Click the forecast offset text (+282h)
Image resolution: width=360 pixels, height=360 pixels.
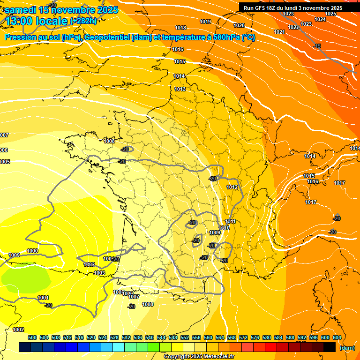tap(84, 21)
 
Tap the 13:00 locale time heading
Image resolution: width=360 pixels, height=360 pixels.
tap(37, 21)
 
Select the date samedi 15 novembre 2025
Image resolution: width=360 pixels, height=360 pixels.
tap(61, 10)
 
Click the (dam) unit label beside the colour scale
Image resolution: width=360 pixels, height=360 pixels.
tap(347, 348)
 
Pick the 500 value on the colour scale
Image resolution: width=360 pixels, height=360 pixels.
tap(32, 337)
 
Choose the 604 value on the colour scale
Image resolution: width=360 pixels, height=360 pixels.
tap(337, 337)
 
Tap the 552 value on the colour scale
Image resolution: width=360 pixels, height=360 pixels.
tap(185, 337)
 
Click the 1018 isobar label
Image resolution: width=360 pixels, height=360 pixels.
tap(180, 28)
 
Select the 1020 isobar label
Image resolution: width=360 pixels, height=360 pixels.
tap(239, 25)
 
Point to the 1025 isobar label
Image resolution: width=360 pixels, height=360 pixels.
tap(330, 14)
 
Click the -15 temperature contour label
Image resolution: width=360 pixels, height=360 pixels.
tap(317, 46)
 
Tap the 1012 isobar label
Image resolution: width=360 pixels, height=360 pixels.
tap(232, 187)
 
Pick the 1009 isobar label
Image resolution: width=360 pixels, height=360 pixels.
tap(215, 232)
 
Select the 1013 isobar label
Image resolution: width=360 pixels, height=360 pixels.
tap(180, 89)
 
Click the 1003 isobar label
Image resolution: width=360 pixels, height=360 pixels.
tap(99, 273)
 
